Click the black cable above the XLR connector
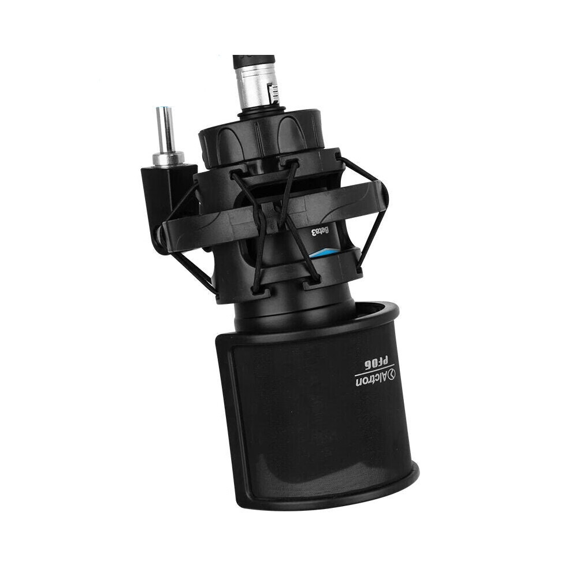(254, 61)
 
